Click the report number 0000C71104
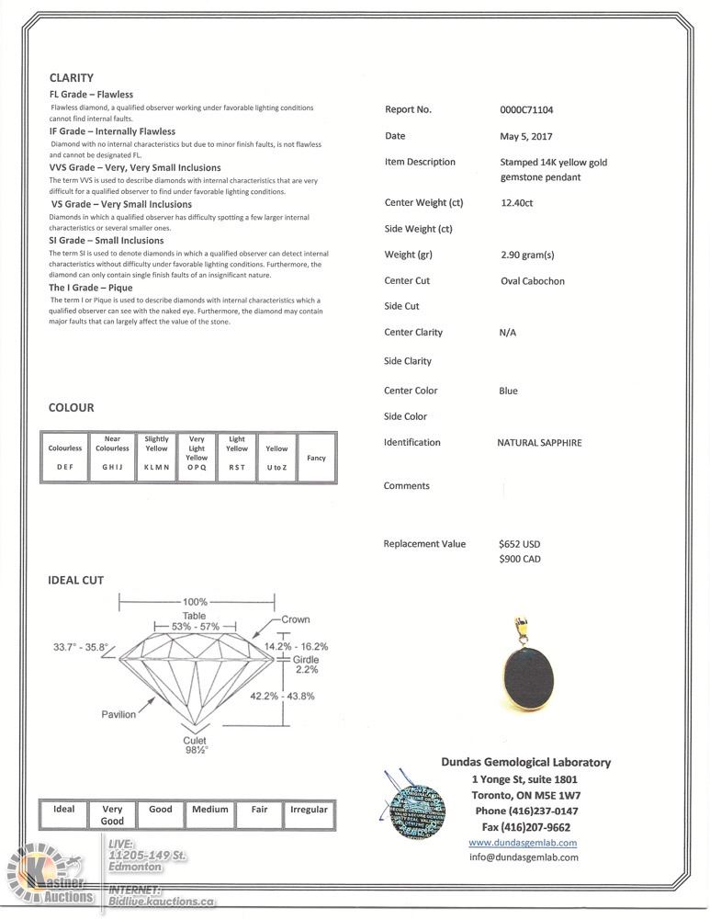[526, 110]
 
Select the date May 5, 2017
[513, 136]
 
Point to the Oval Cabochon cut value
[533, 281]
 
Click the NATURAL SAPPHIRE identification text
[539, 443]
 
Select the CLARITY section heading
[71, 78]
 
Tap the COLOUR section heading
[71, 408]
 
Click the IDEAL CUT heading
[75, 581]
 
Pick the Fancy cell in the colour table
[316, 458]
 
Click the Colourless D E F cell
[64, 458]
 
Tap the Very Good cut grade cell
[112, 814]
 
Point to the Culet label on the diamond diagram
[194, 741]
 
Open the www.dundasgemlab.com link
[523, 843]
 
